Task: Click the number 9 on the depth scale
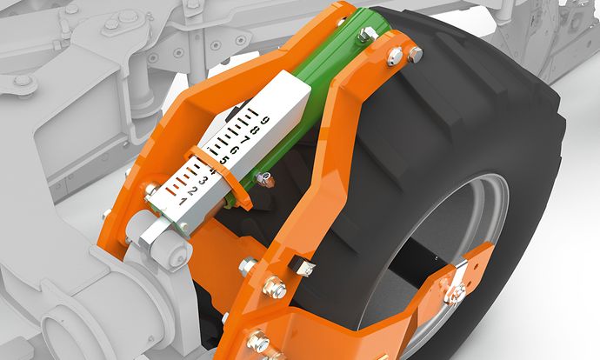pyautogui.click(x=265, y=120)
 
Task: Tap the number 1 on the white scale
pyautogui.click(x=183, y=201)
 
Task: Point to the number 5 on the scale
pyautogui.click(x=223, y=159)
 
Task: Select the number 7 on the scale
pyautogui.click(x=245, y=139)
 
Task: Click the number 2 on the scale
pyautogui.click(x=192, y=191)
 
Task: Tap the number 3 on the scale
pyautogui.click(x=203, y=181)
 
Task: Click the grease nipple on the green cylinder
pyautogui.click(x=265, y=179)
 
